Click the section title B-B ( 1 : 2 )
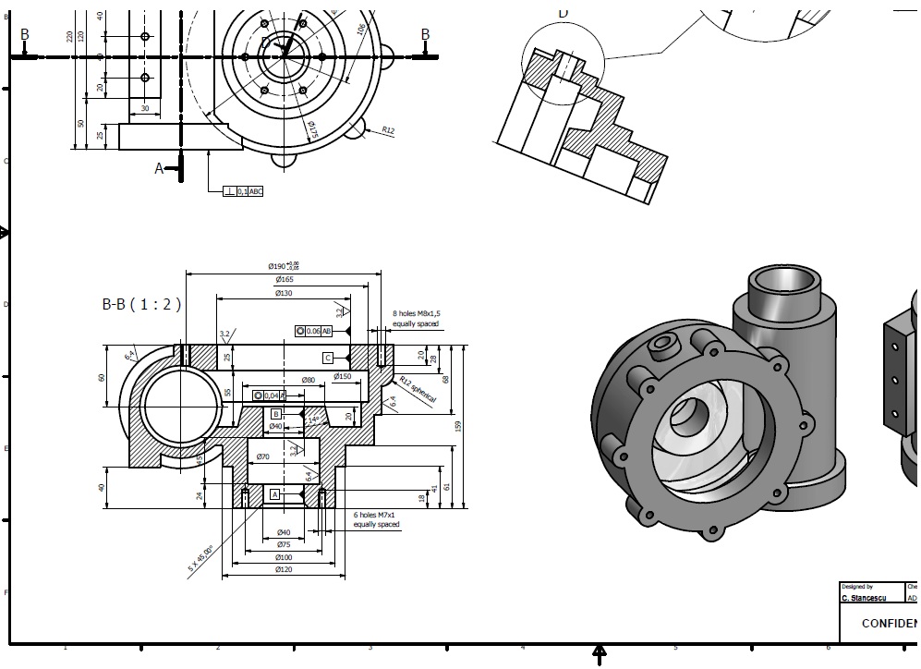141,303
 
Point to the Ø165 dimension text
285,279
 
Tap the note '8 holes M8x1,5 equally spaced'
417,319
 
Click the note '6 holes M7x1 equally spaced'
377,519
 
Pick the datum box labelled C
327,358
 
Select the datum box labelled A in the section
274,495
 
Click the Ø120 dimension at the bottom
285,570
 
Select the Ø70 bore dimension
262,457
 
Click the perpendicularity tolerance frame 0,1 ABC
243,191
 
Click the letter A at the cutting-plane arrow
159,168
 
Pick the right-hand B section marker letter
425,35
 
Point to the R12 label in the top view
387,131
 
